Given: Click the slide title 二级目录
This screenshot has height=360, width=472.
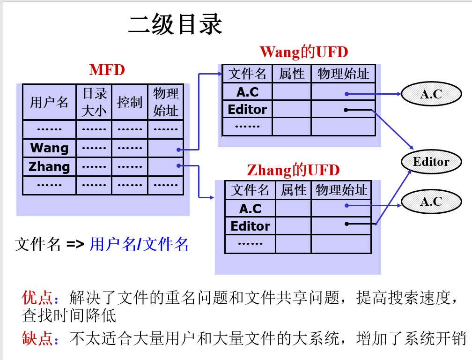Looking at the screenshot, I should (x=176, y=24).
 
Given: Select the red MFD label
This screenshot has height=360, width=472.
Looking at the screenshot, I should (x=107, y=70).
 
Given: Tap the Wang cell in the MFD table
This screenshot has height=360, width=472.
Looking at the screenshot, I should (x=49, y=148).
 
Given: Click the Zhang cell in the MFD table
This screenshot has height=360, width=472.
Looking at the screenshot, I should (x=49, y=166).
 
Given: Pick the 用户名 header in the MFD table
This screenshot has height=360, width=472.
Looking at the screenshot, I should (x=49, y=102).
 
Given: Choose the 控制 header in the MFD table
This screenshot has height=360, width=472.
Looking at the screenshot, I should (x=130, y=102).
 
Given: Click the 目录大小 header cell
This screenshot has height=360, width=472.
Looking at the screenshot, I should (x=94, y=102).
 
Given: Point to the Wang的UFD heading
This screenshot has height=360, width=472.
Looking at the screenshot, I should (x=304, y=52).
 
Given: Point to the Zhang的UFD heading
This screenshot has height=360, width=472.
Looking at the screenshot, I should (x=293, y=170).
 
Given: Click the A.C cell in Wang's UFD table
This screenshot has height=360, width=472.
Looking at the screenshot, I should (x=247, y=91).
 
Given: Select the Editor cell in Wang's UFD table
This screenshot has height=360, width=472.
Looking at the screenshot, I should (x=247, y=109).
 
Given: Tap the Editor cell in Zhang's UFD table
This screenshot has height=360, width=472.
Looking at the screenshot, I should (x=250, y=226).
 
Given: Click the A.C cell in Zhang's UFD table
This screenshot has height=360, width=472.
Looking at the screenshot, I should (x=250, y=208).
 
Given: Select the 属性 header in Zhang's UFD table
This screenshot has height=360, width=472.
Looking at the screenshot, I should (x=294, y=190).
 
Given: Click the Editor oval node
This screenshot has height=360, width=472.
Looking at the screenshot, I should (x=431, y=162).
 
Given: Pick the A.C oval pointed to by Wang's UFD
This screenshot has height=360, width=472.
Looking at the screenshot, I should (x=431, y=94).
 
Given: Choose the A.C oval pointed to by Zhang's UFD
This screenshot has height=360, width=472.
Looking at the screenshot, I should (x=431, y=201).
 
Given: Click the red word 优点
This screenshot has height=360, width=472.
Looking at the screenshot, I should (x=37, y=298).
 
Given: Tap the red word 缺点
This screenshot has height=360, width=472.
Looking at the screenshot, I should (x=37, y=338).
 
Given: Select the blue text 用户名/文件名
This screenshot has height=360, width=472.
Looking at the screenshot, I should (x=139, y=244).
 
